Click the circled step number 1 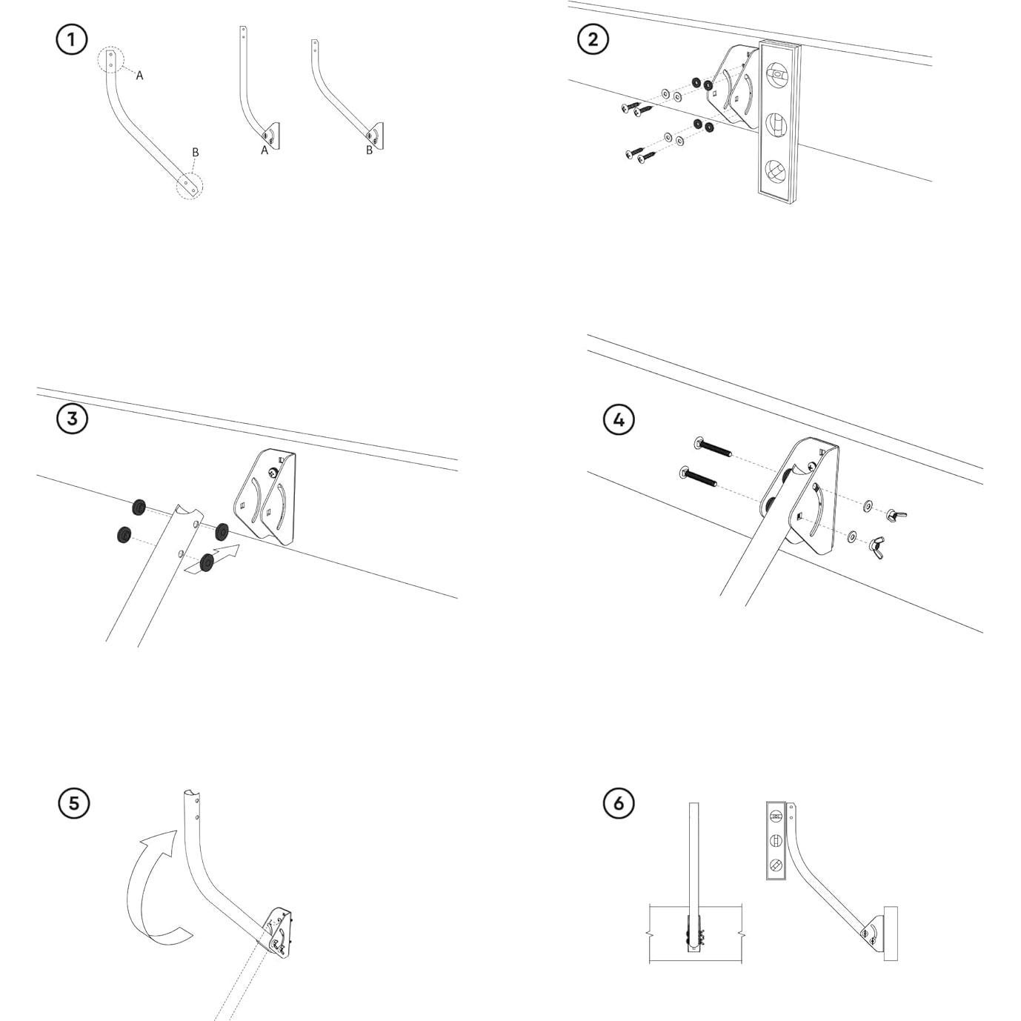coord(72,39)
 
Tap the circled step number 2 coord(593,39)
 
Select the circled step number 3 coord(72,419)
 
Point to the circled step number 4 coord(619,420)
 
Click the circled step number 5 coord(73,803)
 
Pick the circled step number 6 coord(619,803)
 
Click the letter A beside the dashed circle coord(139,76)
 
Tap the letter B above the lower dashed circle coord(196,153)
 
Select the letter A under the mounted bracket coord(264,150)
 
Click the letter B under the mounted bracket coord(369,150)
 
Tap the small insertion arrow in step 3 coord(221,556)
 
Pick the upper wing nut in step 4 coord(897,514)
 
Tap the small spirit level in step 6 coord(775,840)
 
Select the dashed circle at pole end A coord(111,59)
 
